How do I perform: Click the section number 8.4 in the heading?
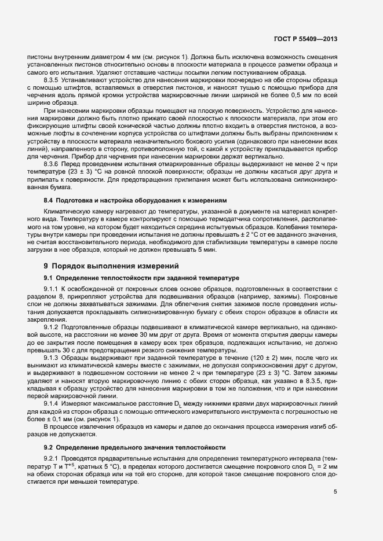pyautogui.click(x=48, y=200)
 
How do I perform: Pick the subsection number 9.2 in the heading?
pyautogui.click(x=48, y=448)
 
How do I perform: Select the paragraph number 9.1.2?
pyautogui.click(x=52, y=327)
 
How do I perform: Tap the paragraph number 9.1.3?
pyautogui.click(x=52, y=358)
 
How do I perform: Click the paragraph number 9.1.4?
pyautogui.click(x=52, y=403)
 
